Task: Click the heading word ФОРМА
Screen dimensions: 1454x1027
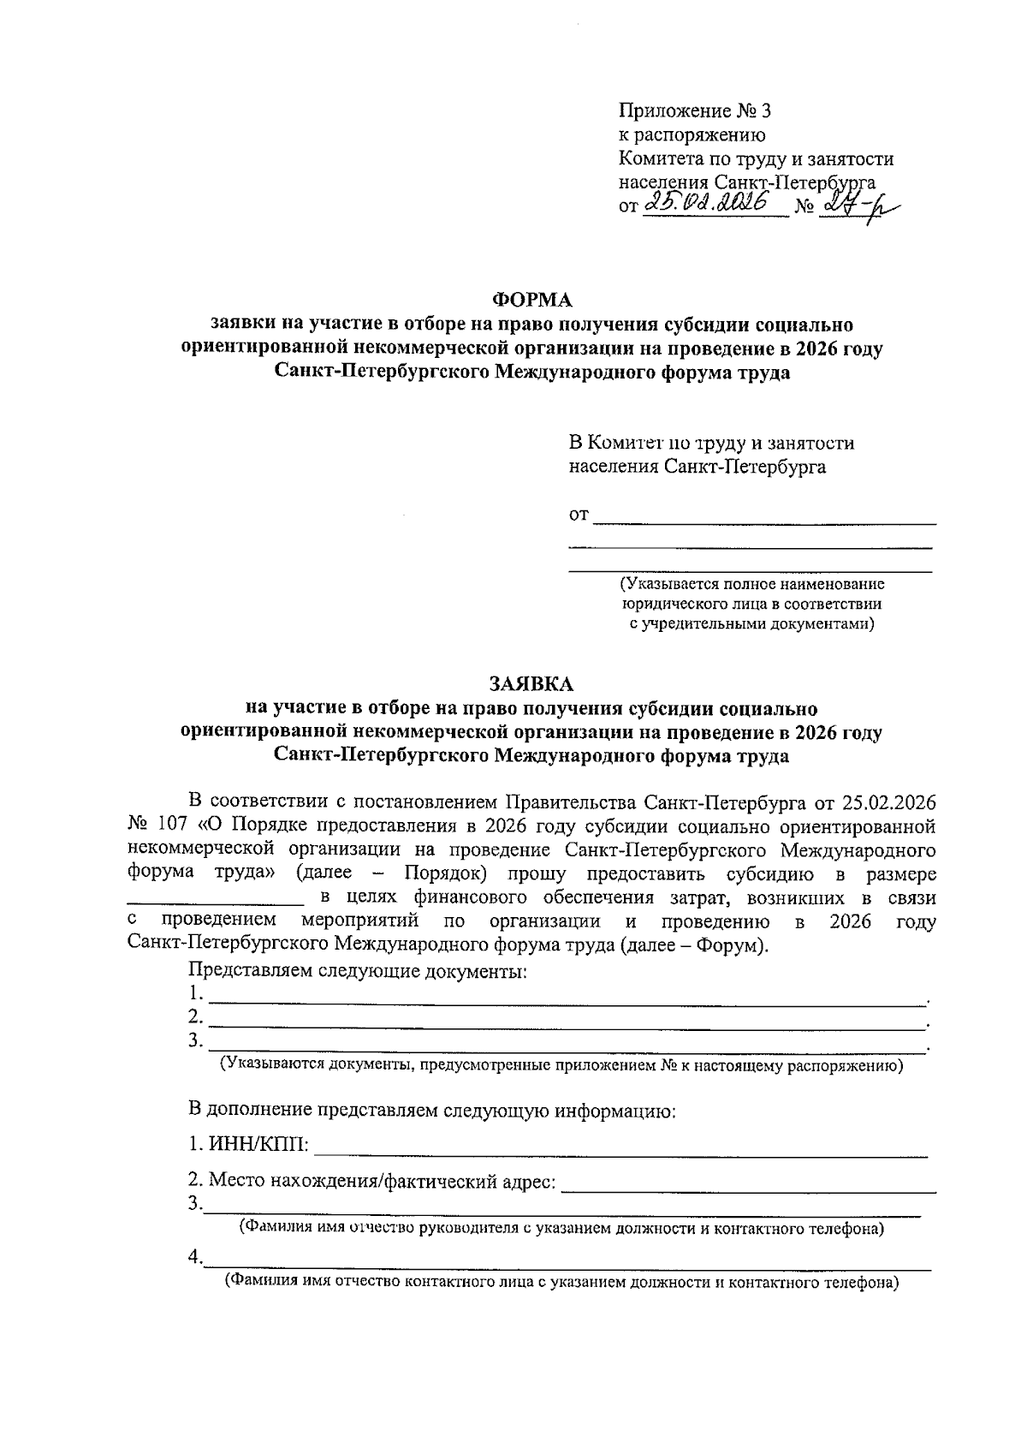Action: click(531, 300)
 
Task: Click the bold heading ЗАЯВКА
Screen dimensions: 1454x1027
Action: click(531, 683)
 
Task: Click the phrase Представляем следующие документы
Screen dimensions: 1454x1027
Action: click(357, 971)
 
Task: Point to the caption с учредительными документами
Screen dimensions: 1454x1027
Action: click(752, 624)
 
